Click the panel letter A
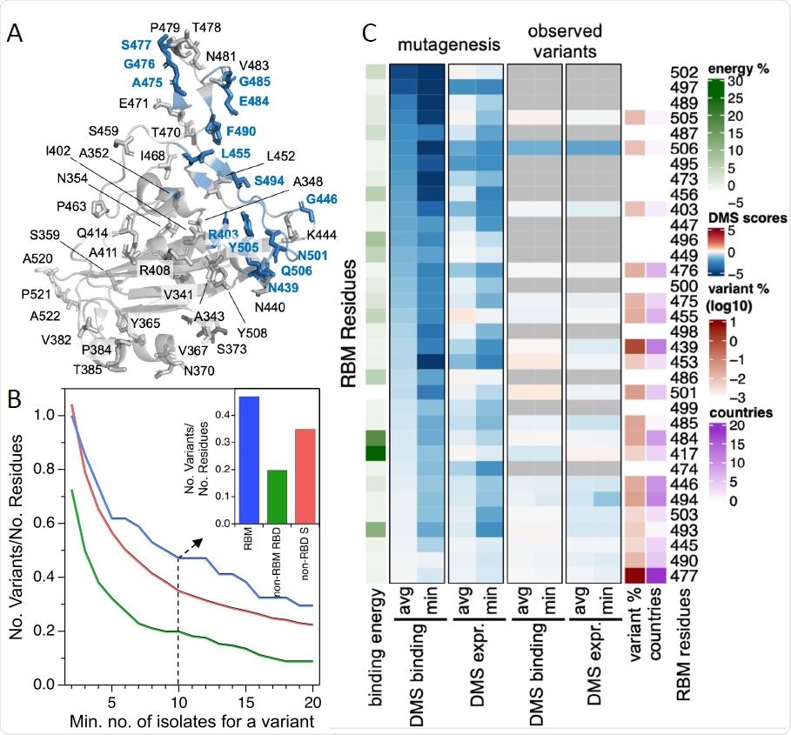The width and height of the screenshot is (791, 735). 15,33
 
